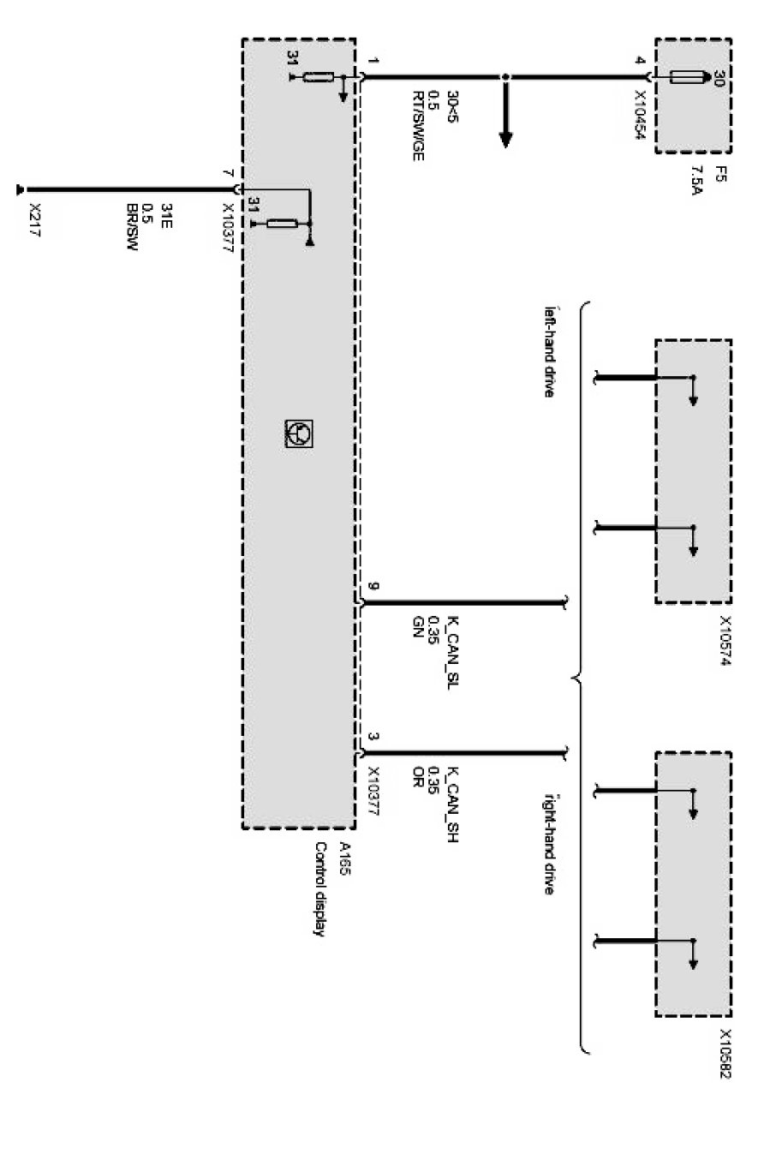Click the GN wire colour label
point(417,625)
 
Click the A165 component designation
point(343,857)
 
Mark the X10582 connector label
point(725,1055)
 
